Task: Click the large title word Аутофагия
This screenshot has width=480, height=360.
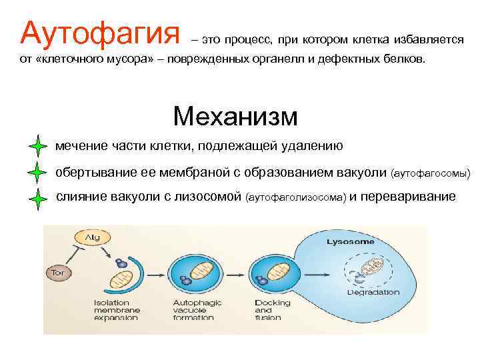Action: [100, 31]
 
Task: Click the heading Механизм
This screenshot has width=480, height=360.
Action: [235, 116]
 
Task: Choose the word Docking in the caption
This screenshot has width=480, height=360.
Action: [273, 303]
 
